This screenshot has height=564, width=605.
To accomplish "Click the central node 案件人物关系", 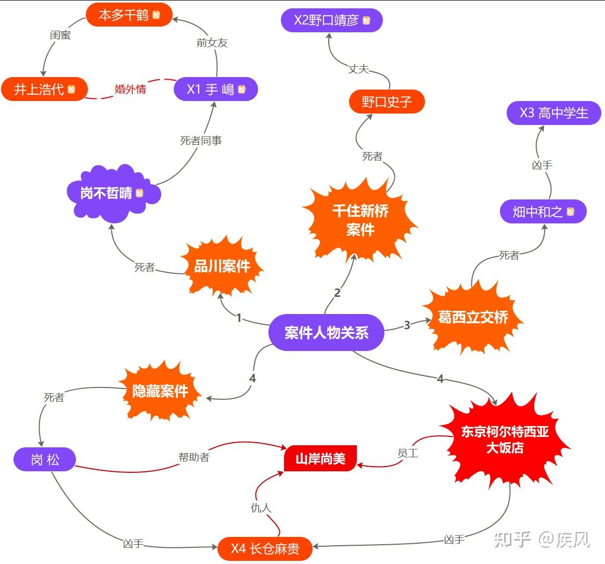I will pyautogui.click(x=326, y=332).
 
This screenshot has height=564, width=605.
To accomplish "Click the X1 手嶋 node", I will pyautogui.click(x=215, y=89).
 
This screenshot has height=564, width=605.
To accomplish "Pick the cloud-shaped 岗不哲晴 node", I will pyautogui.click(x=112, y=193).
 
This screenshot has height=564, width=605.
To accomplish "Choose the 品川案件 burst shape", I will pyautogui.click(x=222, y=267).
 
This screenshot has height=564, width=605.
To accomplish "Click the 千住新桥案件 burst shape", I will pyautogui.click(x=360, y=220).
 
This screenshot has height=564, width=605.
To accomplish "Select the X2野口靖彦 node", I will pyautogui.click(x=332, y=20).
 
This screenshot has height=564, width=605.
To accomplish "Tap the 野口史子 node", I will pyautogui.click(x=387, y=102).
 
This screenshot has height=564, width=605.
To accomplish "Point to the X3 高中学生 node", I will pyautogui.click(x=553, y=113).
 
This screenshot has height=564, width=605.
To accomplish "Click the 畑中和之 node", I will pyautogui.click(x=543, y=211).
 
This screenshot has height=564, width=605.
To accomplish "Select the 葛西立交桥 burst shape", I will pyautogui.click(x=472, y=317).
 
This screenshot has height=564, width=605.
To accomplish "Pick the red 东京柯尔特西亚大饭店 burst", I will pyautogui.click(x=505, y=440).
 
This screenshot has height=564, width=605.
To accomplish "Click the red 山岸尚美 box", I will pyautogui.click(x=320, y=459).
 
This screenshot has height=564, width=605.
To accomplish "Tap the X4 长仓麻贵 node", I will pyautogui.click(x=265, y=548).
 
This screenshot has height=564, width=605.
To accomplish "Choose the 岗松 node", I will pyautogui.click(x=45, y=460).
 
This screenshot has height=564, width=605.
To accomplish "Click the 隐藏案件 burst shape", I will pyautogui.click(x=160, y=391).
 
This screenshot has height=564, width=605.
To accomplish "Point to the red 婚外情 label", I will pyautogui.click(x=130, y=89).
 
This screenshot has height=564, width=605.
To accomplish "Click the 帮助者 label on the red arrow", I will pyautogui.click(x=194, y=457).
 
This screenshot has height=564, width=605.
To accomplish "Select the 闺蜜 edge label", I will pyautogui.click(x=60, y=35).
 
